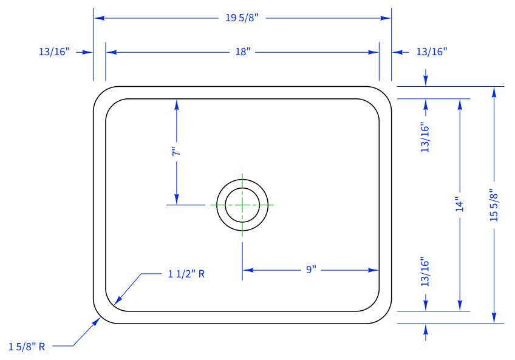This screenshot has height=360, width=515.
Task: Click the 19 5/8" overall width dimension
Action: pyautogui.click(x=242, y=18)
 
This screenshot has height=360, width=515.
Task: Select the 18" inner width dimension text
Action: pyautogui.click(x=243, y=52)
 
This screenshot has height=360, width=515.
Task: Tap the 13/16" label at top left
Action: pyautogui.click(x=54, y=52)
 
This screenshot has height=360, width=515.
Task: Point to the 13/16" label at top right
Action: pyautogui.click(x=432, y=52)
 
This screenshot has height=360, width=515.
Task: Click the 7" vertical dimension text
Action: pyautogui.click(x=176, y=151)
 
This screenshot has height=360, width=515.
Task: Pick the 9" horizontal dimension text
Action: pyautogui.click(x=311, y=270)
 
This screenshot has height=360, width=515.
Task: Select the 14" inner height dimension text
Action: pyautogui.click(x=460, y=205)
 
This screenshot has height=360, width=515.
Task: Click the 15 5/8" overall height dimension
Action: pyautogui.click(x=494, y=205)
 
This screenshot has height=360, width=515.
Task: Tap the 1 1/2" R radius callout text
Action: pyautogui.click(x=186, y=274)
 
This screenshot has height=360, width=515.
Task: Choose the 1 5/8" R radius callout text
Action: pyautogui.click(x=27, y=347)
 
